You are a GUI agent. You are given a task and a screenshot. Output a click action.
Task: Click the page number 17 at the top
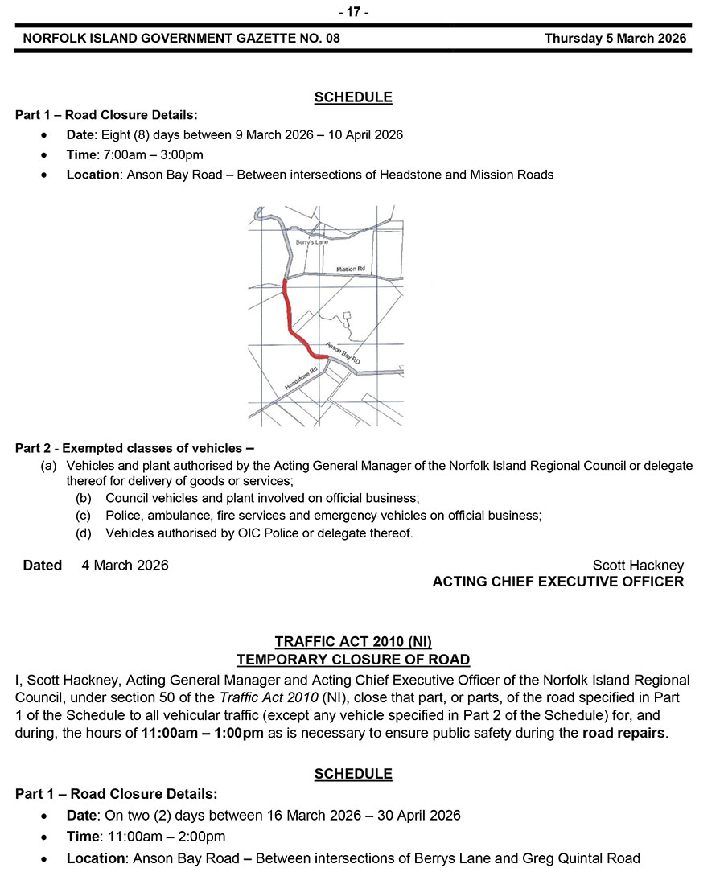click(353, 12)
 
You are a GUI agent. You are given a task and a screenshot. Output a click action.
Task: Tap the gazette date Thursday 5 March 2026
click(615, 38)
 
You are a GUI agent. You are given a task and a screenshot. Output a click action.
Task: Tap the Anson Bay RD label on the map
click(343, 354)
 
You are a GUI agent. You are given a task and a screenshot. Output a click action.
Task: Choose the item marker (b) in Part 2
click(84, 499)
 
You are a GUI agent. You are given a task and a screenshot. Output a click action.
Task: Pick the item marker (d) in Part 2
click(84, 533)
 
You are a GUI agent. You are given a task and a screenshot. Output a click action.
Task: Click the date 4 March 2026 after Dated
click(125, 566)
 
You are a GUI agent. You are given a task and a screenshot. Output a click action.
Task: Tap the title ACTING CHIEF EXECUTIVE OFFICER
click(558, 582)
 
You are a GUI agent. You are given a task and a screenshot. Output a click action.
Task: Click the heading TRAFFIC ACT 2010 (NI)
click(353, 642)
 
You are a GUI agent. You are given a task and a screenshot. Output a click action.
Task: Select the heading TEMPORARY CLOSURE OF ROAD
click(353, 660)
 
